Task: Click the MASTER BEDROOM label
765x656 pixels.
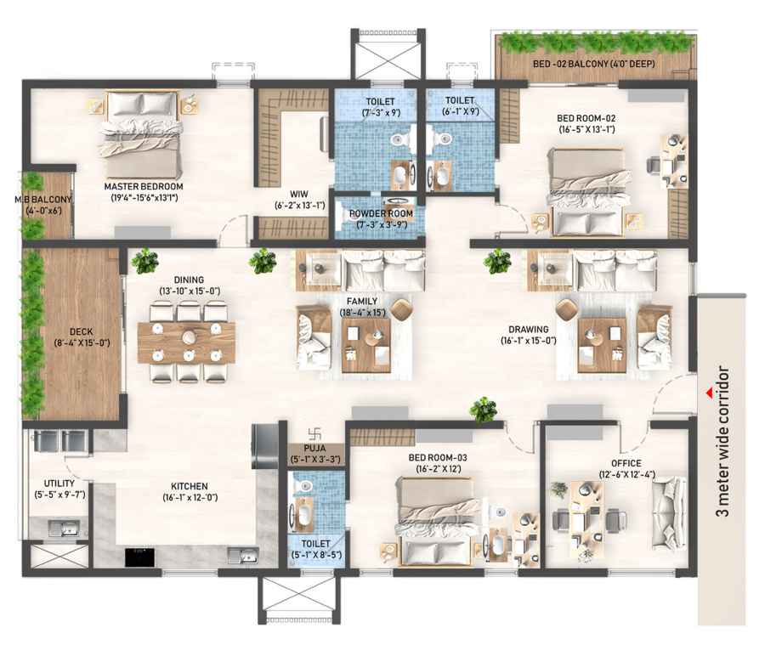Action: point(144,186)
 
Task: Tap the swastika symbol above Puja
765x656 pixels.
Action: point(314,433)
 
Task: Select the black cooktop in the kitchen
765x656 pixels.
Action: point(140,557)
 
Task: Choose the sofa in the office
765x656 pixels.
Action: point(670,512)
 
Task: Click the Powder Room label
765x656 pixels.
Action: point(381,213)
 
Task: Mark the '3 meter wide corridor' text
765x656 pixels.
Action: point(722,441)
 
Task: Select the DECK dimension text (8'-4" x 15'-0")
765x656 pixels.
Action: point(82,343)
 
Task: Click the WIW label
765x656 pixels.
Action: point(299,194)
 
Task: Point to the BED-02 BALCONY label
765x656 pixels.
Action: point(594,64)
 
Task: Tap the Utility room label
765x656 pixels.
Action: point(59,484)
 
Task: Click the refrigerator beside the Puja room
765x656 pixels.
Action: point(265,446)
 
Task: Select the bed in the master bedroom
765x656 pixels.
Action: point(141,133)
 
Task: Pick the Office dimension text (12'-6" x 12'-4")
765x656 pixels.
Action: point(627,474)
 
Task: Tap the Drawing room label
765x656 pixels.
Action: point(529,330)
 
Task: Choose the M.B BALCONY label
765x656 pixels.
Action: point(43,200)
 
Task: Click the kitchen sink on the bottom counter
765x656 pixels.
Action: point(243,556)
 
